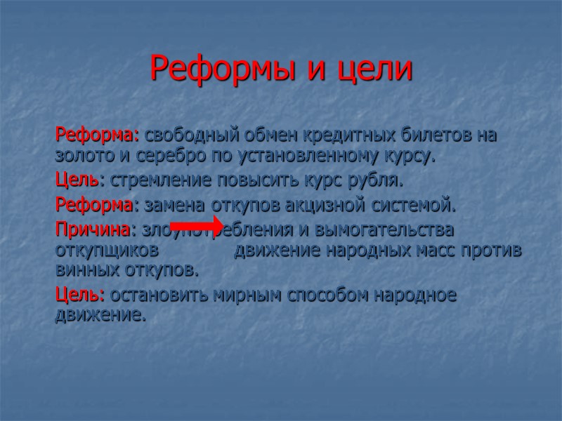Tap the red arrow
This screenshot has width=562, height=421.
(x=196, y=224)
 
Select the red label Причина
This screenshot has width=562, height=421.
(x=93, y=229)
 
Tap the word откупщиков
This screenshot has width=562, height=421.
(x=106, y=250)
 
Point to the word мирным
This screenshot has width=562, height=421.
(x=240, y=295)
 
